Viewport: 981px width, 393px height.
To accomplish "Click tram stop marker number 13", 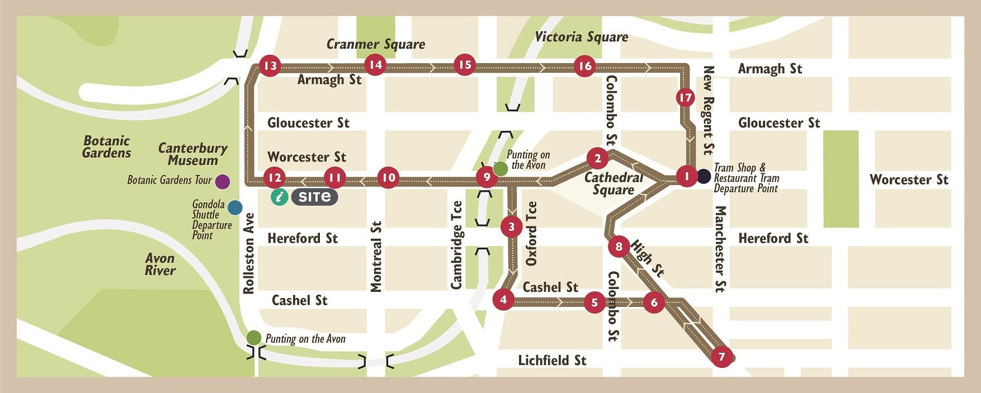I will coord(270,66).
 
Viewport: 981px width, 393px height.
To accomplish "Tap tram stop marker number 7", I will coord(721,357).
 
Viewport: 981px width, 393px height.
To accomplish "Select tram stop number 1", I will coord(686,177).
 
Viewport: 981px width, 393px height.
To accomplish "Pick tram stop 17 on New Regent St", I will coord(685,98).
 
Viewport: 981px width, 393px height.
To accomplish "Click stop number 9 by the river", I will coord(487,178).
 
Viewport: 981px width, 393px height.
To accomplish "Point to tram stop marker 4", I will coord(503,299).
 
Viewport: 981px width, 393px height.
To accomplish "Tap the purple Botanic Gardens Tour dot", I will coord(223,181).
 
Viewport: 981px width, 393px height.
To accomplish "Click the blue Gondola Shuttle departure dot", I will coord(235,207).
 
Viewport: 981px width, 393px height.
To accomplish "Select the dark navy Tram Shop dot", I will coord(704,177).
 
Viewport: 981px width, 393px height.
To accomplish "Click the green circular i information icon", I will coord(279,197).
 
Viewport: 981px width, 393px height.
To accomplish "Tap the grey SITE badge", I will coord(314,197).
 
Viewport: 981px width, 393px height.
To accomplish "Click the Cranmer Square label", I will coord(375,44).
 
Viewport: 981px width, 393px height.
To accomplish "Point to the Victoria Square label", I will coord(581,37).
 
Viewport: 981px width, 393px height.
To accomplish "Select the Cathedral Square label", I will coord(613,184).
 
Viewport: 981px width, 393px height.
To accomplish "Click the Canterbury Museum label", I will coord(192,154).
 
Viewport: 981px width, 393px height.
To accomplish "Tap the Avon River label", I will coord(160,264).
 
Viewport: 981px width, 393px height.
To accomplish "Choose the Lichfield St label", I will coord(551,361).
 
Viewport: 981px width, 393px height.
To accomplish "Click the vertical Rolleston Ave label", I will coord(249,253).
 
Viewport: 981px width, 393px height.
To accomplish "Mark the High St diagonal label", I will coord(648,258).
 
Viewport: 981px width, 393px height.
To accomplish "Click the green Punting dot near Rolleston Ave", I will coord(253,338).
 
